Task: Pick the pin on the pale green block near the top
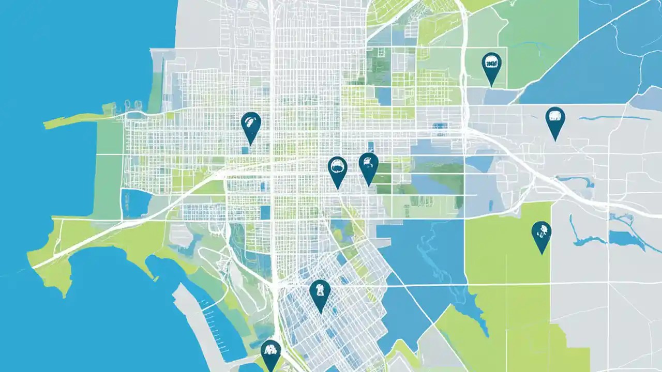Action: pos(491,66)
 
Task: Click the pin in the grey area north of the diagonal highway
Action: pos(555,120)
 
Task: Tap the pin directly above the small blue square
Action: pos(251,126)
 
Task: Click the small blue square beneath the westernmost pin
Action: pos(244,150)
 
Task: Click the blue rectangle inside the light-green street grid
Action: pos(383,96)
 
